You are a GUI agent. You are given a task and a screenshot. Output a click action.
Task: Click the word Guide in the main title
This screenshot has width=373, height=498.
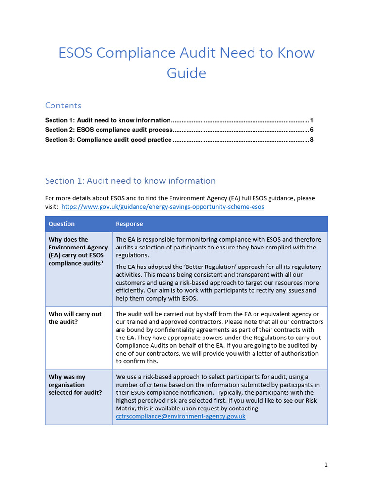tap(186, 73)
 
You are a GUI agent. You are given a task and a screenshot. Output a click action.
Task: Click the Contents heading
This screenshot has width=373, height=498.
tap(63, 106)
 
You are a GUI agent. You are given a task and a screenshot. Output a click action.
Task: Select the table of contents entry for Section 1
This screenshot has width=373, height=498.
tap(108, 120)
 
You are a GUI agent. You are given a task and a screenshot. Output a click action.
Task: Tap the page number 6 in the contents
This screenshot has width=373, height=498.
tap(311, 130)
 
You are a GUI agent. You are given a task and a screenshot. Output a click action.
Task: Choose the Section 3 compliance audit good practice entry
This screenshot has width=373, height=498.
tap(108, 140)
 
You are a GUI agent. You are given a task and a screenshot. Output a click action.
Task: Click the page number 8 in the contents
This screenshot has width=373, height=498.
tap(311, 140)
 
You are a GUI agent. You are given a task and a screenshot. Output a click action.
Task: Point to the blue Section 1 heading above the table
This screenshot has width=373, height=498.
tap(130, 181)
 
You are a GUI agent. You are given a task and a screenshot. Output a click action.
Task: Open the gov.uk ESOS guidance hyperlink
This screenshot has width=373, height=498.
tap(163, 206)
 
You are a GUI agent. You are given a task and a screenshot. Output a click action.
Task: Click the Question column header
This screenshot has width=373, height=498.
tap(62, 224)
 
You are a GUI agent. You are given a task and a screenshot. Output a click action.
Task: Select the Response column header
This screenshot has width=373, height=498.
tap(129, 224)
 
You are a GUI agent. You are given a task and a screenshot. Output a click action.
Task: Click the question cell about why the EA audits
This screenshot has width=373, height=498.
tap(78, 251)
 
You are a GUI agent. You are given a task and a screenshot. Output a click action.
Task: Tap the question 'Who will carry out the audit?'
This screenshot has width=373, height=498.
tap(75, 318)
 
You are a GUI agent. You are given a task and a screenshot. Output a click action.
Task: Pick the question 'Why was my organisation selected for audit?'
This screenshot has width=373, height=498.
tap(75, 385)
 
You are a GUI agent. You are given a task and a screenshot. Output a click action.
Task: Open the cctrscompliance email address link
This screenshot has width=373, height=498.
tap(180, 416)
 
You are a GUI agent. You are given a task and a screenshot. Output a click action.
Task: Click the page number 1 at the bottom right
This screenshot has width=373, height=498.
tap(326, 465)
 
